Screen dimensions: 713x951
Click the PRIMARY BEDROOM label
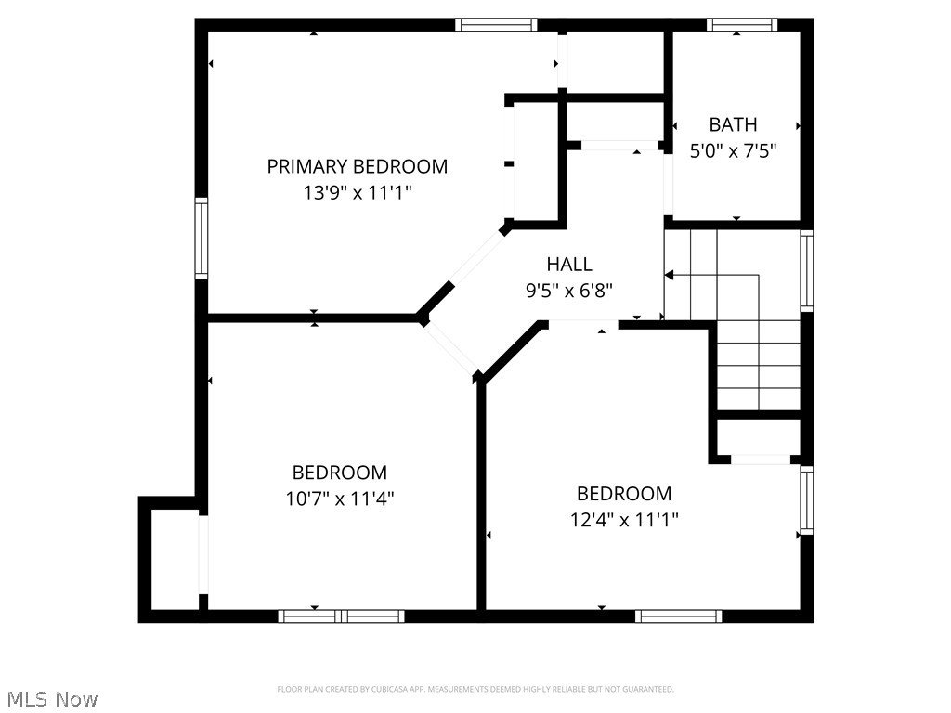358,167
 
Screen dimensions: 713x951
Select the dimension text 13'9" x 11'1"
358,193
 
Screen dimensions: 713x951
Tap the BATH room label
733,124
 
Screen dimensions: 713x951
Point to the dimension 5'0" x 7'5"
733,149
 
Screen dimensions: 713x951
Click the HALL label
569,265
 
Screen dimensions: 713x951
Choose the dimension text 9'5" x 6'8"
569,290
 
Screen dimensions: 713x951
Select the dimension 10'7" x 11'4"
340,499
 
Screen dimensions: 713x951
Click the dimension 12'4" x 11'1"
624,520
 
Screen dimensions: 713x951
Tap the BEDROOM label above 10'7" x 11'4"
340,473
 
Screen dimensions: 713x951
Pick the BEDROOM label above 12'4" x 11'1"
624,494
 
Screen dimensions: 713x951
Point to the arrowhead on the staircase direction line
669,275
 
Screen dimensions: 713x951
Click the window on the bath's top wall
741,25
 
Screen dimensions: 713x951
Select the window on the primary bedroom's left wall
201,238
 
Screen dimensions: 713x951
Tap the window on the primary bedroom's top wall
496,25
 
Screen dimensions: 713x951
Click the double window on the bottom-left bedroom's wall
341,616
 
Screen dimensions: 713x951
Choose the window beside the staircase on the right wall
806,271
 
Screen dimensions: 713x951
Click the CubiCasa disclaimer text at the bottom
475,689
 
